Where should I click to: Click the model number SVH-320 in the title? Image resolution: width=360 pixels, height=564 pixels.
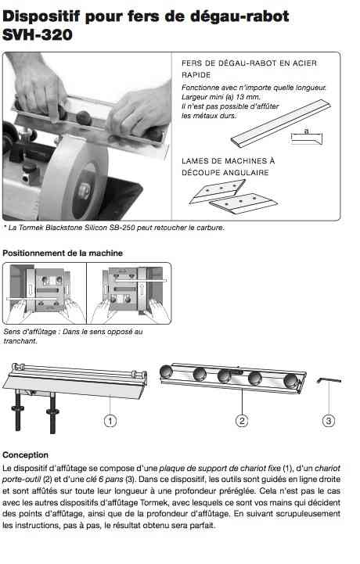[38, 35]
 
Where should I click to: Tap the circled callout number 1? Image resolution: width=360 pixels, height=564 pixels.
[110, 421]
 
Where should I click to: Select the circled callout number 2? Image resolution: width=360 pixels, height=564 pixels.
[242, 421]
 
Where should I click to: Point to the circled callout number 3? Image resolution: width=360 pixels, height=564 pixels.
[329, 421]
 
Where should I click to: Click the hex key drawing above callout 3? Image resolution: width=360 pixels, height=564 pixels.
[329, 380]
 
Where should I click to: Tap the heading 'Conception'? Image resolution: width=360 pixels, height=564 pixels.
[25, 454]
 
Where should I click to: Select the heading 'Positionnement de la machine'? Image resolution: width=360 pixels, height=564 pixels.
[63, 253]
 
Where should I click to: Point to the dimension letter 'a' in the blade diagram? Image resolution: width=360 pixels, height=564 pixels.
[306, 131]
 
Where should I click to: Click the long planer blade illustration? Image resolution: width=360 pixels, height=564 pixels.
[280, 124]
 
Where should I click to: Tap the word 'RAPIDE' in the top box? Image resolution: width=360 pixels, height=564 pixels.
[196, 75]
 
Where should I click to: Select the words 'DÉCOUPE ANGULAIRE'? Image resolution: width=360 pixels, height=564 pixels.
[225, 173]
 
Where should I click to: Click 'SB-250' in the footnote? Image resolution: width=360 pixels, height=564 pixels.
[124, 228]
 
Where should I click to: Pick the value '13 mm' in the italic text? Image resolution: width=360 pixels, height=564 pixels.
[248, 97]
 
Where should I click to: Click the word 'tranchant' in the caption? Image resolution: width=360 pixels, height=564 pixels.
[20, 341]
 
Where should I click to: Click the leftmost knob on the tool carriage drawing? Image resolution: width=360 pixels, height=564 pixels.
[167, 372]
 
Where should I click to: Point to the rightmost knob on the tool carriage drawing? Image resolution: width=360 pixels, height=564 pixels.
[290, 381]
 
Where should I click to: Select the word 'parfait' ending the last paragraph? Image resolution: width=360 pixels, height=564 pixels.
[203, 526]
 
